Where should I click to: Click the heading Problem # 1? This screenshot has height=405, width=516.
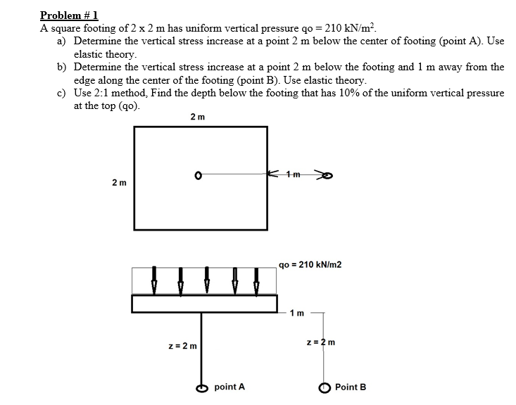pyautogui.click(x=69, y=15)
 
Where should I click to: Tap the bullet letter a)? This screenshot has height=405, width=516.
pyautogui.click(x=63, y=41)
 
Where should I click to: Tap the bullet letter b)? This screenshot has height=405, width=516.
pyautogui.click(x=63, y=67)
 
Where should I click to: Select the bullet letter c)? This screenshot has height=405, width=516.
pyautogui.click(x=63, y=94)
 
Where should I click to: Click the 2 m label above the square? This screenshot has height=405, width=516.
pyautogui.click(x=198, y=117)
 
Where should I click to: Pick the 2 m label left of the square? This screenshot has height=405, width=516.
pyautogui.click(x=120, y=183)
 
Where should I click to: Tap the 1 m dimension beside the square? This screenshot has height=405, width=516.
pyautogui.click(x=296, y=174)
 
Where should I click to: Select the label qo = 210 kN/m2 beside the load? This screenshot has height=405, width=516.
pyautogui.click(x=310, y=265)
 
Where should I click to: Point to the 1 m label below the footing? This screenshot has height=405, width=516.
pyautogui.click(x=297, y=313)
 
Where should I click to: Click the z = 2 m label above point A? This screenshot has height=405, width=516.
pyautogui.click(x=183, y=346)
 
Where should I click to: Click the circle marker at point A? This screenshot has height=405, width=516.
pyautogui.click(x=201, y=387)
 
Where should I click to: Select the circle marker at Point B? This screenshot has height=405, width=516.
pyautogui.click(x=325, y=387)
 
